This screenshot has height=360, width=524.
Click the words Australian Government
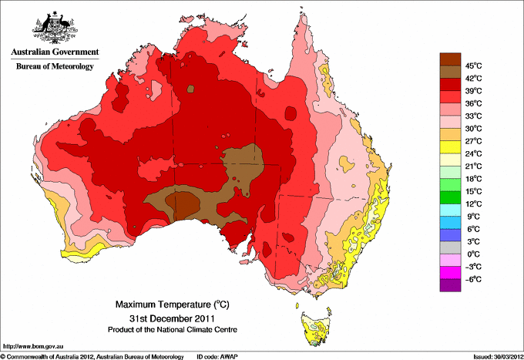click(54, 52)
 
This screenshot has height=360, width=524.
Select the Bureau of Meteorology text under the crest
click(54, 67)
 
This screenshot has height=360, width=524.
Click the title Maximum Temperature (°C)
click(170, 304)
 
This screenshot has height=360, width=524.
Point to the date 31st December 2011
click(170, 318)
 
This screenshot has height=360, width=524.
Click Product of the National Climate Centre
click(170, 330)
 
